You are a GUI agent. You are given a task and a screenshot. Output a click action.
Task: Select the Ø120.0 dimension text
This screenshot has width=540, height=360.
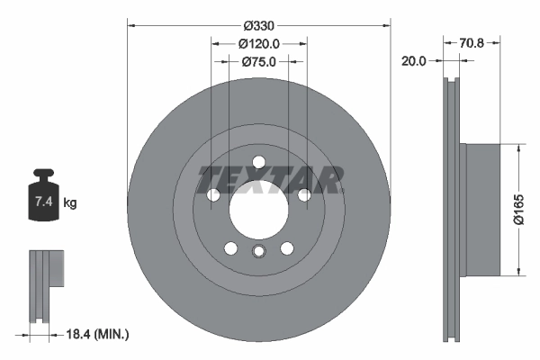point(259,43)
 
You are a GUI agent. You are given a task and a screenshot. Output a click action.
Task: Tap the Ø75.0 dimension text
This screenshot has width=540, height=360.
point(259,62)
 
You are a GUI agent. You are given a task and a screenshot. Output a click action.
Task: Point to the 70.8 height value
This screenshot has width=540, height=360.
point(473,42)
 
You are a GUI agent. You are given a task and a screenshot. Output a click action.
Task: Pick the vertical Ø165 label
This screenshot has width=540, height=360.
point(519,209)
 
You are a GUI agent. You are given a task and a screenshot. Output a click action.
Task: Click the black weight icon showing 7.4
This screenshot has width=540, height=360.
point(43,193)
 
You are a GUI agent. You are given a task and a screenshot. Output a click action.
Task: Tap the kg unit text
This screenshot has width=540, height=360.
point(70,203)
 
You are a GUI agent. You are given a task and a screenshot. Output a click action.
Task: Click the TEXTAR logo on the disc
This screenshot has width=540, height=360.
point(270,180)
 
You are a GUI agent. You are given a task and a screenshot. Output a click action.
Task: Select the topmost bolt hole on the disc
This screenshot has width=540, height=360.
point(259,162)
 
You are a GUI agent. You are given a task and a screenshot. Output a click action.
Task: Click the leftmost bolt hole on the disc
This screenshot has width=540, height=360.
point(214,195)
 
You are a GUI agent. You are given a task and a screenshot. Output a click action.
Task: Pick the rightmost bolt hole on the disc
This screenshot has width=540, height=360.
point(304,195)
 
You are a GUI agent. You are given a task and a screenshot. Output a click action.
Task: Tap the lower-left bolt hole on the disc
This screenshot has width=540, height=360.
point(231,248)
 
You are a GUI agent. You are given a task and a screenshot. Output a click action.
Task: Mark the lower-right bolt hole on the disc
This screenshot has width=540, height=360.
point(287,248)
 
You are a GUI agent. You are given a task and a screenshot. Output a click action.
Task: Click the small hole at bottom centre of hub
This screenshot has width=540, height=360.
point(259,252)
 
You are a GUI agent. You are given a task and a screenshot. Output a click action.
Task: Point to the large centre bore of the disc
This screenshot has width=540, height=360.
point(259,211)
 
